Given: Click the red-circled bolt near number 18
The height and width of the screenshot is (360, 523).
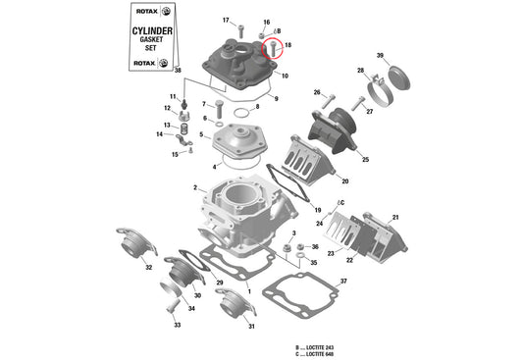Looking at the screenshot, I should coord(275,44).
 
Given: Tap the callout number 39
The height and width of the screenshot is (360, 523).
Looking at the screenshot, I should coord(380,55).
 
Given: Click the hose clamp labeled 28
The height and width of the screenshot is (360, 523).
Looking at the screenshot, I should coord(383,95).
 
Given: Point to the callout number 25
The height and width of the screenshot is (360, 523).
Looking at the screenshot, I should coord(365,159).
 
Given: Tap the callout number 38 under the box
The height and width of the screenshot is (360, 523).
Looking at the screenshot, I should coord(178,72).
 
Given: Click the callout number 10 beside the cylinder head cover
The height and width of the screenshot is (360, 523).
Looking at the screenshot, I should coord(285,76).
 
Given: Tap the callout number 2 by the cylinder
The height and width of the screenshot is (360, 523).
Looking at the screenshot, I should coord(195,187).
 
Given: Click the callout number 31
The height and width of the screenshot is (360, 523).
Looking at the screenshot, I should coord(251,326).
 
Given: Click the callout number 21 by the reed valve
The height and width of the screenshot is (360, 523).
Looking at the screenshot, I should coord(395,217).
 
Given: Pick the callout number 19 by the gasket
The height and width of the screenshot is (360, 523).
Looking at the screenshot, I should coord(316,211).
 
